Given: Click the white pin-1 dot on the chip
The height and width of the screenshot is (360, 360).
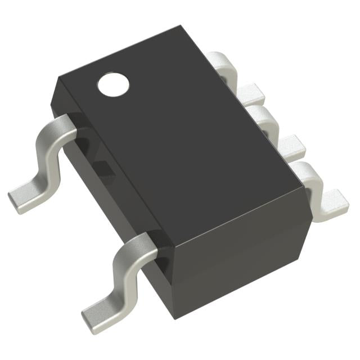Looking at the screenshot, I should pyautogui.click(x=113, y=84).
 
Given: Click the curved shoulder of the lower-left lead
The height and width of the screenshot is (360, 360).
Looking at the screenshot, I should pyautogui.click(x=138, y=242).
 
